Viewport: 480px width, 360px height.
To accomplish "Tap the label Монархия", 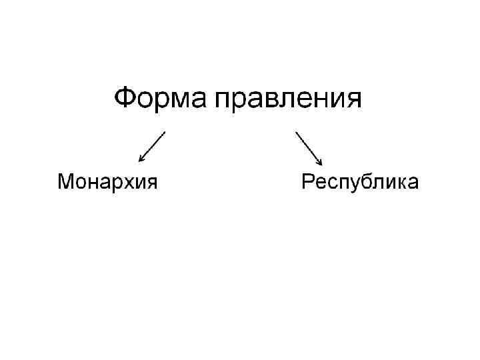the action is (107, 181).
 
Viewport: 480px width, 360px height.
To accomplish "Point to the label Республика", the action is (360, 182).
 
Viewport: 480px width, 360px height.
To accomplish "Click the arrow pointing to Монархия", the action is (152, 146).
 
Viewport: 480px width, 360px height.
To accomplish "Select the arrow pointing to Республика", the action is (309, 147).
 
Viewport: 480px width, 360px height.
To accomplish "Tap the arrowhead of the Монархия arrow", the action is (141, 159).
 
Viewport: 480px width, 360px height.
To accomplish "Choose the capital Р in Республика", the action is (308, 181).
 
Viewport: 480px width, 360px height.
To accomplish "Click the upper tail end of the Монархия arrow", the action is (164, 132).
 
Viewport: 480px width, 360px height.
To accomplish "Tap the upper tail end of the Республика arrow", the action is (297, 132).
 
